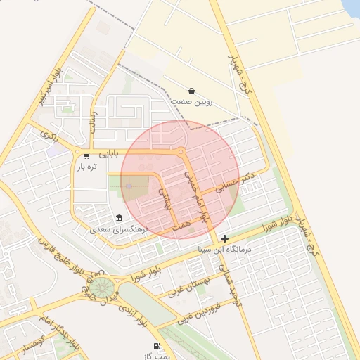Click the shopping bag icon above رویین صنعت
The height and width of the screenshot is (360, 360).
click(192, 91)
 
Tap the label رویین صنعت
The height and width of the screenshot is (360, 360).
click(192, 102)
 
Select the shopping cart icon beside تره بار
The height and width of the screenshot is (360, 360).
click(86, 155)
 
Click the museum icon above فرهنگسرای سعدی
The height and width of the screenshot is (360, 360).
click(118, 218)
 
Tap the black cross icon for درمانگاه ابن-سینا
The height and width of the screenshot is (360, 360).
click(224, 238)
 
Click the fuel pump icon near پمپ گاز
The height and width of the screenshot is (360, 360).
click(156, 347)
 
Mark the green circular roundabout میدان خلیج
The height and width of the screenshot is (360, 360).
click(103, 286)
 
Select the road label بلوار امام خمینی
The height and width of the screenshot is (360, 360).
click(196, 196)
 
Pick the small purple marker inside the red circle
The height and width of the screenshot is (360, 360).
click(129, 186)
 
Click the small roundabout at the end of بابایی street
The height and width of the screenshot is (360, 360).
click(181, 152)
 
